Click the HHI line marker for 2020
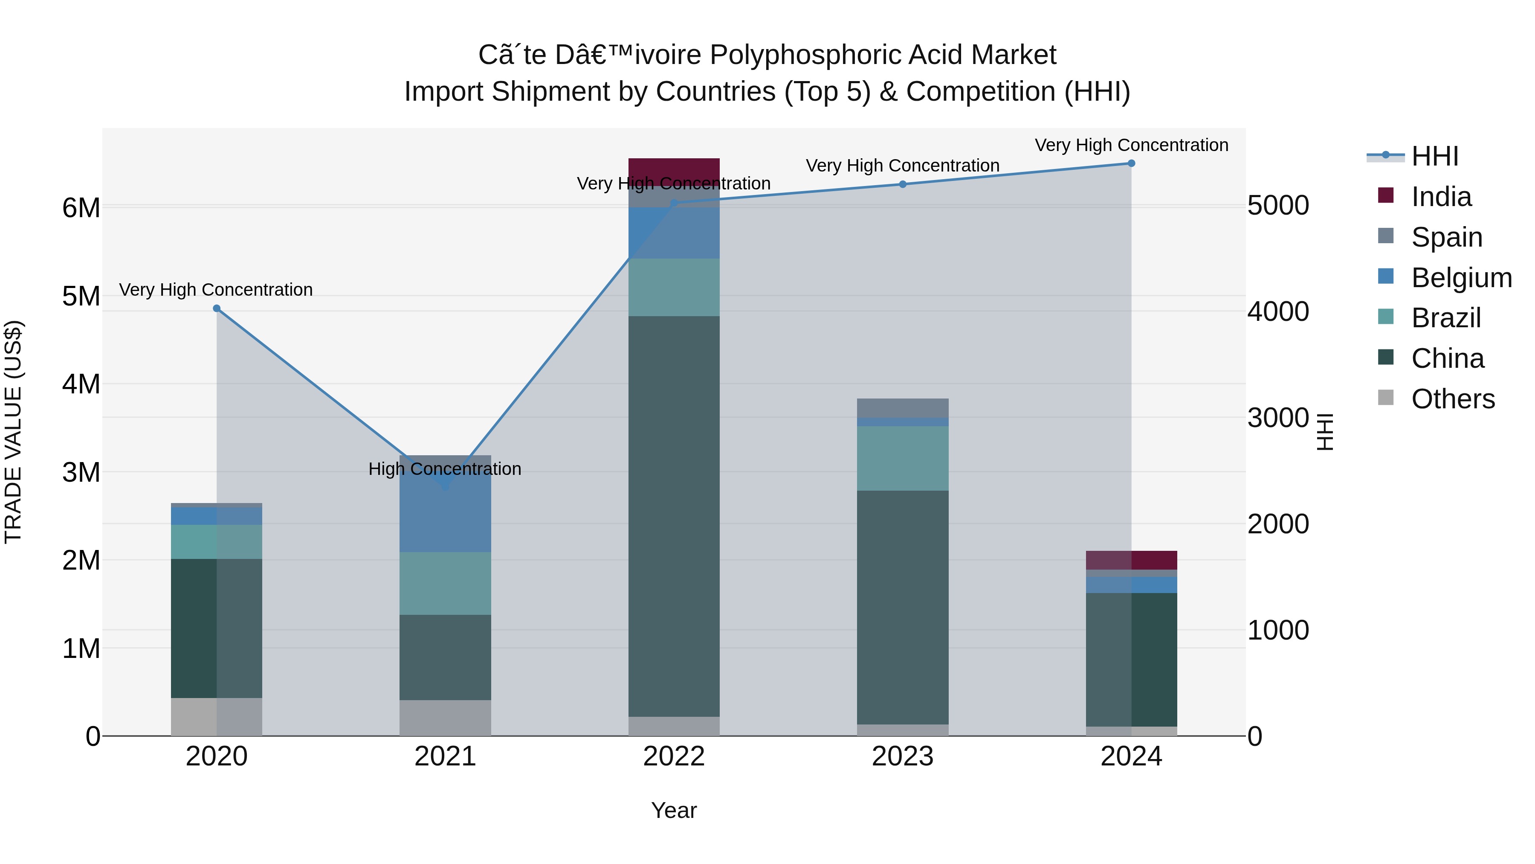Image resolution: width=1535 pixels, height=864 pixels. coord(217,308)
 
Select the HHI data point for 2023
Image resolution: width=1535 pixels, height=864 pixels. coord(902,184)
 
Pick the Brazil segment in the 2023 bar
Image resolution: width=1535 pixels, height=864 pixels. coord(902,458)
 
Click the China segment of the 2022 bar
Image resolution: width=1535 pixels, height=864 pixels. coord(674,516)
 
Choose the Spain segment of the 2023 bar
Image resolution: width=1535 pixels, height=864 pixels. coord(902,408)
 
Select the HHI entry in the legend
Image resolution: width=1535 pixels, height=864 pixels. coord(1434,156)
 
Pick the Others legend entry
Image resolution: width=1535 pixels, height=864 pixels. coord(1452,399)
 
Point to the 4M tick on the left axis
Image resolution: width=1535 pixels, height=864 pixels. coord(81,384)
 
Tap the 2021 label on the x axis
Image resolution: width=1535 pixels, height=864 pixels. coord(445,756)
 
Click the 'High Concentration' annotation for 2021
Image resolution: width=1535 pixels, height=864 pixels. coord(445,468)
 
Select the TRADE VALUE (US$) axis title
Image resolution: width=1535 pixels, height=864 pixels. coord(13,432)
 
